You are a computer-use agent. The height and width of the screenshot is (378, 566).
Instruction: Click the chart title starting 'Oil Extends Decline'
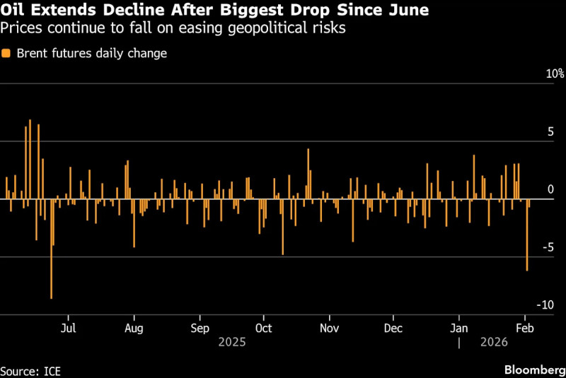[214, 11]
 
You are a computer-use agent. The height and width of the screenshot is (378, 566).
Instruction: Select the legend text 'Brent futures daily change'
[91, 54]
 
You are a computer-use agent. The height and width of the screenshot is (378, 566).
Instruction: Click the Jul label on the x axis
[69, 328]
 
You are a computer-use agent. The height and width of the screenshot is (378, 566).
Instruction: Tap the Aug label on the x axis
[134, 328]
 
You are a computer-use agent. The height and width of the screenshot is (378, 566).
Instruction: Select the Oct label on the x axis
[263, 328]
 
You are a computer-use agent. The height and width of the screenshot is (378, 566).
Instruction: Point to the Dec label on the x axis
[393, 328]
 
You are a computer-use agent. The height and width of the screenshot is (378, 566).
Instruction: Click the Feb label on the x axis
[525, 328]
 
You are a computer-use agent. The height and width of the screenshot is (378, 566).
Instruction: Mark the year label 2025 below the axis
[231, 342]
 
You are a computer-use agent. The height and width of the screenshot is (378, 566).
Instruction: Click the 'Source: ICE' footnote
[30, 370]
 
